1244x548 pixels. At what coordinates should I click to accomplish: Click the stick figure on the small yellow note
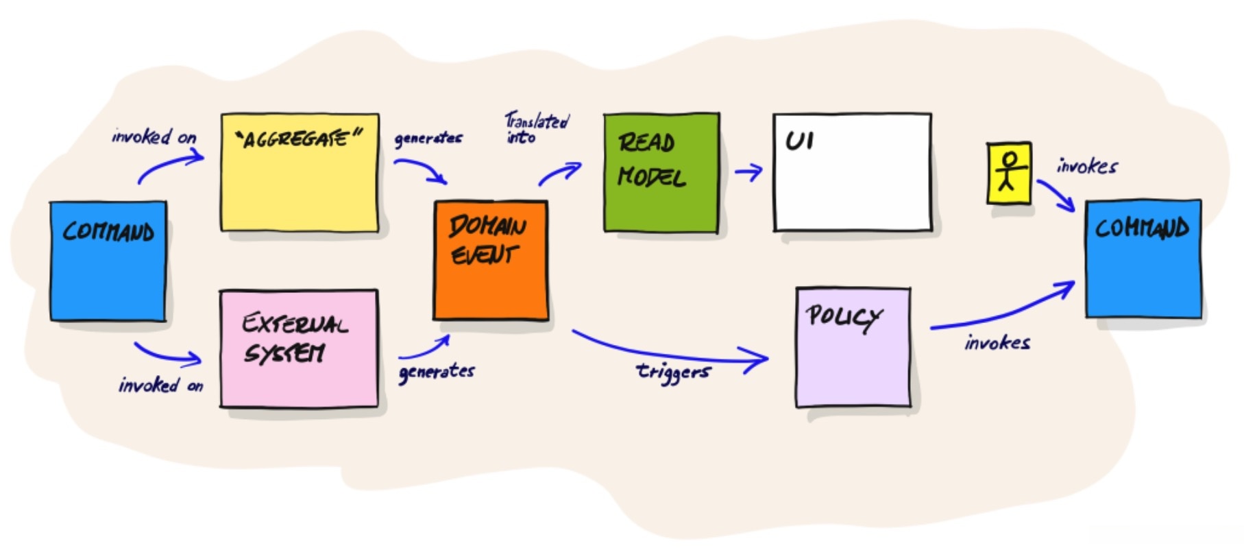point(1008,172)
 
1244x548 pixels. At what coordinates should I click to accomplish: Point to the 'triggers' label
point(673,372)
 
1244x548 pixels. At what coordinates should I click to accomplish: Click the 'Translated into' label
point(536,128)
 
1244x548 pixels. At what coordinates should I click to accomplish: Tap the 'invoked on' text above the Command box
point(154,136)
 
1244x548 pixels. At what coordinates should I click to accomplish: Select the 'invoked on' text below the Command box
point(161,385)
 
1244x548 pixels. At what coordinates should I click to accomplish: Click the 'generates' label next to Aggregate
point(428,139)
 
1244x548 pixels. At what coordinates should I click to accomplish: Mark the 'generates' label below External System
point(437,372)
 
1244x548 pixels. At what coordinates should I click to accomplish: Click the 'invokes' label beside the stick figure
point(1087,166)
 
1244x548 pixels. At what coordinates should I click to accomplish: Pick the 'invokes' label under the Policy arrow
point(997,342)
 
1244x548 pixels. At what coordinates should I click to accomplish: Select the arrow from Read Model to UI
point(748,171)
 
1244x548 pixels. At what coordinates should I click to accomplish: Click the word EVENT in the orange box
point(483,255)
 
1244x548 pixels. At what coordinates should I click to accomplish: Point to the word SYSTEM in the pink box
point(284,354)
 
